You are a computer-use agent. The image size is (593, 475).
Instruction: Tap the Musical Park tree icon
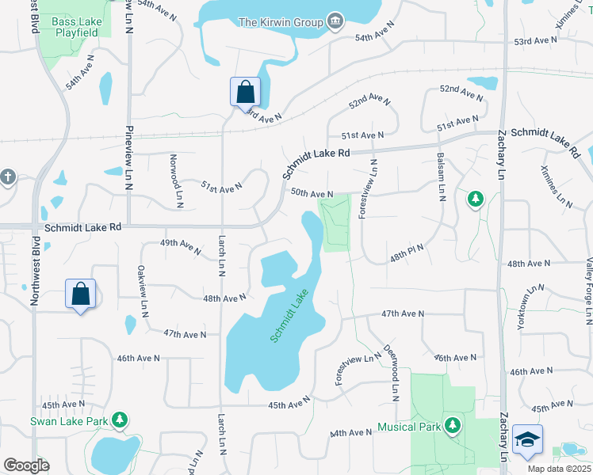[x=453, y=425]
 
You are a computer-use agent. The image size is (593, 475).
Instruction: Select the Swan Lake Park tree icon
[x=121, y=419]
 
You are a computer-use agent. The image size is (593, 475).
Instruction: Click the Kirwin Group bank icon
[x=335, y=20]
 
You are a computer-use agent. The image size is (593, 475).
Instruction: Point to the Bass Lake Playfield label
[x=75, y=27]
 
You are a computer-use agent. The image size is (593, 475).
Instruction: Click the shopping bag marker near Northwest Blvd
[x=81, y=294]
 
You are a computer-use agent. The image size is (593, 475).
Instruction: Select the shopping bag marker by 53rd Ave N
[x=245, y=91]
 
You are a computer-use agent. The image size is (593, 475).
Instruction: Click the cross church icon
[x=8, y=177]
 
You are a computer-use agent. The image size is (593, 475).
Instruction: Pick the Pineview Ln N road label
[x=128, y=158]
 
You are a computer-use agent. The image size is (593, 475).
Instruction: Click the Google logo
[x=26, y=465]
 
